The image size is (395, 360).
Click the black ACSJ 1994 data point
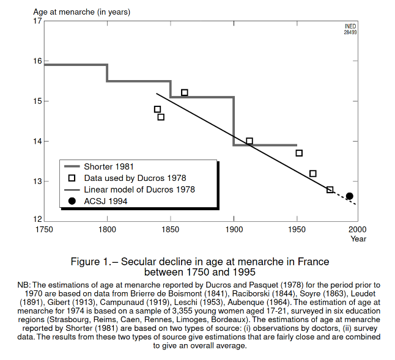pyautogui.click(x=349, y=196)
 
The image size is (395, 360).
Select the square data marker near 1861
pyautogui.click(x=184, y=93)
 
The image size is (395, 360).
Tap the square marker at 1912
pyautogui.click(x=249, y=141)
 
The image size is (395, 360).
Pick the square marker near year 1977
pyautogui.click(x=330, y=189)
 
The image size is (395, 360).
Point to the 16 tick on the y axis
pyautogui.click(x=39, y=61)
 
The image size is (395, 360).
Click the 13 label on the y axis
pyautogui.click(x=39, y=182)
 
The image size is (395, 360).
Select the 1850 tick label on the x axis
pyautogui.click(x=171, y=230)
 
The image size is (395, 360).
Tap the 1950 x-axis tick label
pyautogui.click(x=297, y=230)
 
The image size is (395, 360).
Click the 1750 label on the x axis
pyautogui.click(x=44, y=230)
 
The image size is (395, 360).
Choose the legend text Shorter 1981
pyautogui.click(x=109, y=166)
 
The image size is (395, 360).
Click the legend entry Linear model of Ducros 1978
pyautogui.click(x=139, y=189)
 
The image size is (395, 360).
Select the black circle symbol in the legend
pyautogui.click(x=72, y=201)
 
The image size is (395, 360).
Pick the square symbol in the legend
pyautogui.click(x=72, y=178)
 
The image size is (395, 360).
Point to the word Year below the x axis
pyautogui.click(x=358, y=239)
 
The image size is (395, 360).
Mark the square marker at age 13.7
pyautogui.click(x=299, y=153)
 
